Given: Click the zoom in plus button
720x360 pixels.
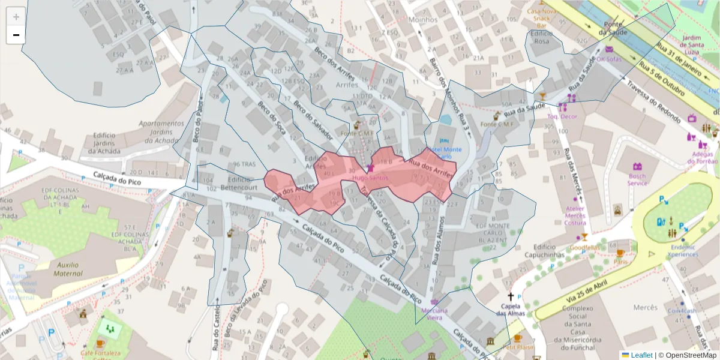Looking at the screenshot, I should coord(16,17).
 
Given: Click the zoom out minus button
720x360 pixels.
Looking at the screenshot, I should coord(16,35).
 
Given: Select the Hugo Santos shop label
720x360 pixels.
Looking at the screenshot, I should coord(370,178).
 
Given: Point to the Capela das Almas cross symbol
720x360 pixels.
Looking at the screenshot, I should coord(511,296).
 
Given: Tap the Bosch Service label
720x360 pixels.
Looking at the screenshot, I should coord(637,179).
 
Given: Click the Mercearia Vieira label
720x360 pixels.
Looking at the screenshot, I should coord(435,314).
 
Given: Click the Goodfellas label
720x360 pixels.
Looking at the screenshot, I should coord(584,247).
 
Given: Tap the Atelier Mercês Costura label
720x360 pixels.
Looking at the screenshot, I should coord(575,216).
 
